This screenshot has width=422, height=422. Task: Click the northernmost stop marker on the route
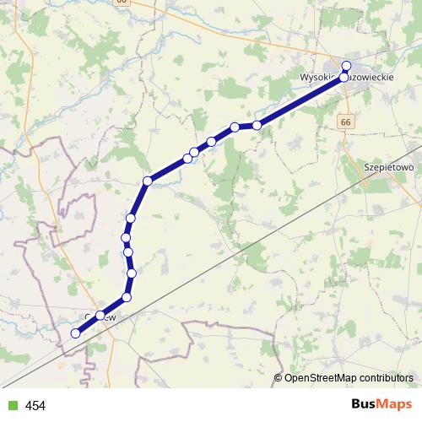pyautogui.click(x=346, y=65)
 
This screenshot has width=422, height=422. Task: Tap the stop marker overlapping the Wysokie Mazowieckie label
pyautogui.click(x=344, y=77)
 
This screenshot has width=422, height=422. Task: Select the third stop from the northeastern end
pyautogui.click(x=257, y=125)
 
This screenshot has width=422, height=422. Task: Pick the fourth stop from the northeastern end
pyautogui.click(x=235, y=127)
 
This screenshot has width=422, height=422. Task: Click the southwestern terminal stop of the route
pyautogui.click(x=75, y=333)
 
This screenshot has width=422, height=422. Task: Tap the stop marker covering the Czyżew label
pyautogui.click(x=100, y=316)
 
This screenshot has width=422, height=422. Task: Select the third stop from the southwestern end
pyautogui.click(x=127, y=297)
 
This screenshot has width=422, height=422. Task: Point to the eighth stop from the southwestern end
pyautogui.click(x=148, y=181)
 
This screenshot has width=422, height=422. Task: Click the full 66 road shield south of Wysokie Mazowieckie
pyautogui.click(x=346, y=122)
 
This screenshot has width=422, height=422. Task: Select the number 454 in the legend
pyautogui.click(x=35, y=406)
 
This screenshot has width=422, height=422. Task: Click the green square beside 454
pyautogui.click(x=12, y=406)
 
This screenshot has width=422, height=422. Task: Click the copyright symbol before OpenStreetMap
pyautogui.click(x=279, y=377)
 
